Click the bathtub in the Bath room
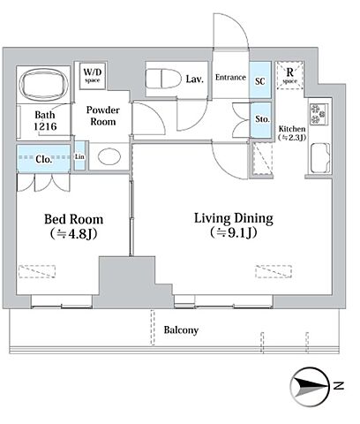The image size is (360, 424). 43,84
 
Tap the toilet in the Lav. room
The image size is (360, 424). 163,78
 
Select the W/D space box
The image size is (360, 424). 93,75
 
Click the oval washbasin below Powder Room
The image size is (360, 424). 109,156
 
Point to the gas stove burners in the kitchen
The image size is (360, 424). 319,114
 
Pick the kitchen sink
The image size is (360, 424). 320,158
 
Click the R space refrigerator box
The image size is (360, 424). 289,75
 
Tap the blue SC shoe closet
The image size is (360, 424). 260,80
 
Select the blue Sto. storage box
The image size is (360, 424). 260,120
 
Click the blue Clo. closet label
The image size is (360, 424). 43,159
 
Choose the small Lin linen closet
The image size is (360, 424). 79,156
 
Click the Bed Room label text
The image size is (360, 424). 74,219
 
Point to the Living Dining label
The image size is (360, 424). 234,218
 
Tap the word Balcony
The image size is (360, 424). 181,329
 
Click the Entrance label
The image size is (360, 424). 230,77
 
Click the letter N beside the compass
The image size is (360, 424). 339,385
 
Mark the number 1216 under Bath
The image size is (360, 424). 45,126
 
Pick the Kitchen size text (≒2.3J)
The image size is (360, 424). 292,137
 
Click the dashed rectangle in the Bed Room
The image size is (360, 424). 37,271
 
